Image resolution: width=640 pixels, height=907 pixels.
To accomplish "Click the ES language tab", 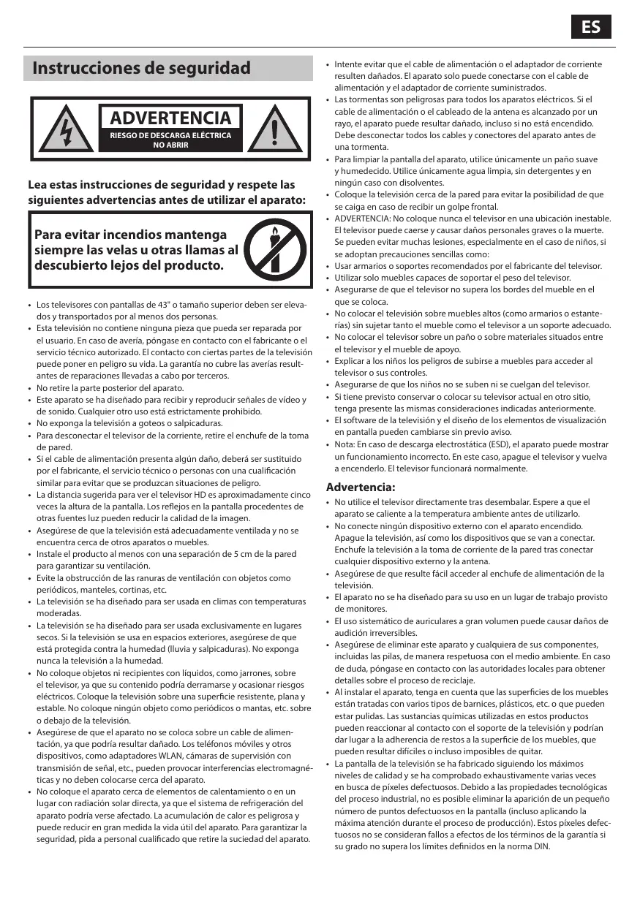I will pyautogui.click(x=591, y=27).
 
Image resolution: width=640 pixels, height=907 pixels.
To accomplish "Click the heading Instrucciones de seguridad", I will pyautogui.click(x=142, y=69).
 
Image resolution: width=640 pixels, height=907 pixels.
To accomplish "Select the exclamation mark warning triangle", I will pyautogui.click(x=275, y=130).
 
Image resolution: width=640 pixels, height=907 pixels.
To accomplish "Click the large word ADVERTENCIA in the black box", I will pyautogui.click(x=170, y=118).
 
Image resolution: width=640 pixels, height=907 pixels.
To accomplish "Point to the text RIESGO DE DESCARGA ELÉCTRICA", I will pyautogui.click(x=170, y=136).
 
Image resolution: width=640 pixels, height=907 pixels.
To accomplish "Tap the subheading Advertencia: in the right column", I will pyautogui.click(x=360, y=487).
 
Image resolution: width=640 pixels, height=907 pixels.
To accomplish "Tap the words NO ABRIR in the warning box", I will pyautogui.click(x=170, y=145).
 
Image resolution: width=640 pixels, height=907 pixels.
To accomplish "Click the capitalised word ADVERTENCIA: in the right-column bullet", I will pyautogui.click(x=362, y=219).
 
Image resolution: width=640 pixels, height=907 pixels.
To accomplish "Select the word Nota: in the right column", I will pyautogui.click(x=345, y=444).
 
